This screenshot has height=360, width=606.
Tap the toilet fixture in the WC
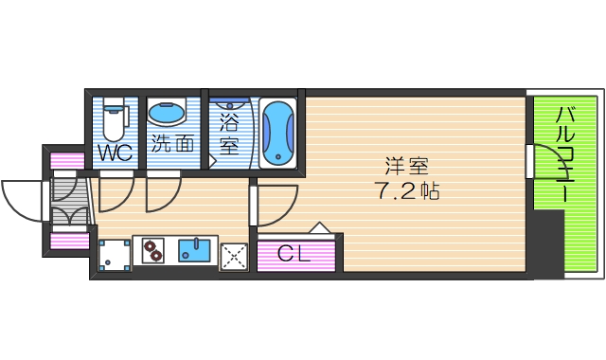(x=115, y=119)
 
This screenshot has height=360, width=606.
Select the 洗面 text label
(x=172, y=143)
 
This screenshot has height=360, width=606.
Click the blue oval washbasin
(x=169, y=114)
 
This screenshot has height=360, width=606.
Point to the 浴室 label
(x=228, y=134)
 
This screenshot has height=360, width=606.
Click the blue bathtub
(x=278, y=134)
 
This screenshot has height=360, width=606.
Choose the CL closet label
(x=293, y=253)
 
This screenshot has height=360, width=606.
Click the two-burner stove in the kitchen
(x=152, y=252)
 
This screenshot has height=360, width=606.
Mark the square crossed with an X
(x=233, y=255)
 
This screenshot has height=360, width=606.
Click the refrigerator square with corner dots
(x=115, y=254)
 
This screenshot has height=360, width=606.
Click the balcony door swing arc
(x=544, y=157)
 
